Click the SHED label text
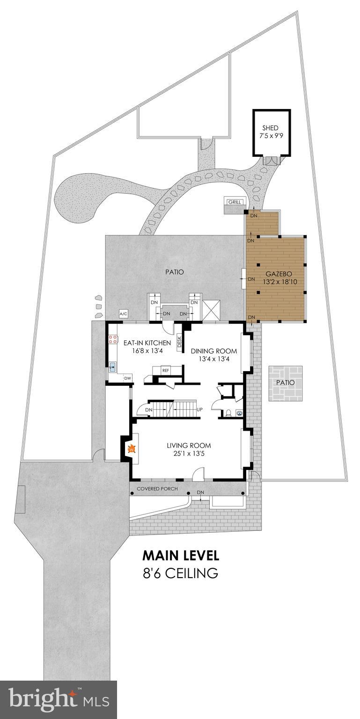[270, 128]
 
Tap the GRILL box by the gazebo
[235, 202]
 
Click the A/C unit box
[124, 314]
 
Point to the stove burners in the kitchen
[113, 339]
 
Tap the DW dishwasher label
[127, 378]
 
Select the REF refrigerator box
[165, 370]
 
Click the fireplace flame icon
[132, 449]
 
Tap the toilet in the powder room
[228, 413]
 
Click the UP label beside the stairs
[200, 410]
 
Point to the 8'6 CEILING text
[180, 573]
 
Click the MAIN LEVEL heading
[180, 556]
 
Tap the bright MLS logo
[59, 699]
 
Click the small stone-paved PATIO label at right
[285, 382]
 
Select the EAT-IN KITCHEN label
[147, 343]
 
